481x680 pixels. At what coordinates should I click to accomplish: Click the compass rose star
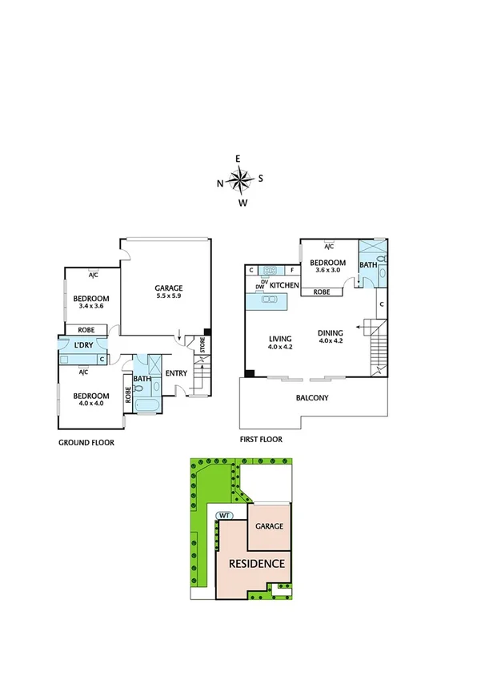240,180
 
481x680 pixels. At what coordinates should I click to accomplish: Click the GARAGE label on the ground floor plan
169,288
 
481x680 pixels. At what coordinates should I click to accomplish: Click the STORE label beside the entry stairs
202,346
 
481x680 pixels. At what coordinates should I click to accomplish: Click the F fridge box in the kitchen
291,271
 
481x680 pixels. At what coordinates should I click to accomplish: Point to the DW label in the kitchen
259,286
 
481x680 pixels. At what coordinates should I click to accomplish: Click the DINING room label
331,334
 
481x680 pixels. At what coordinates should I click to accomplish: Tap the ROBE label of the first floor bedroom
322,292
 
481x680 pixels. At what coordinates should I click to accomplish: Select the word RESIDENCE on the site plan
257,564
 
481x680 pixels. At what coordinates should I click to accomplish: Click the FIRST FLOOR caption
261,439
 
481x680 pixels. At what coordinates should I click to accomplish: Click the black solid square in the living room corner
250,372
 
